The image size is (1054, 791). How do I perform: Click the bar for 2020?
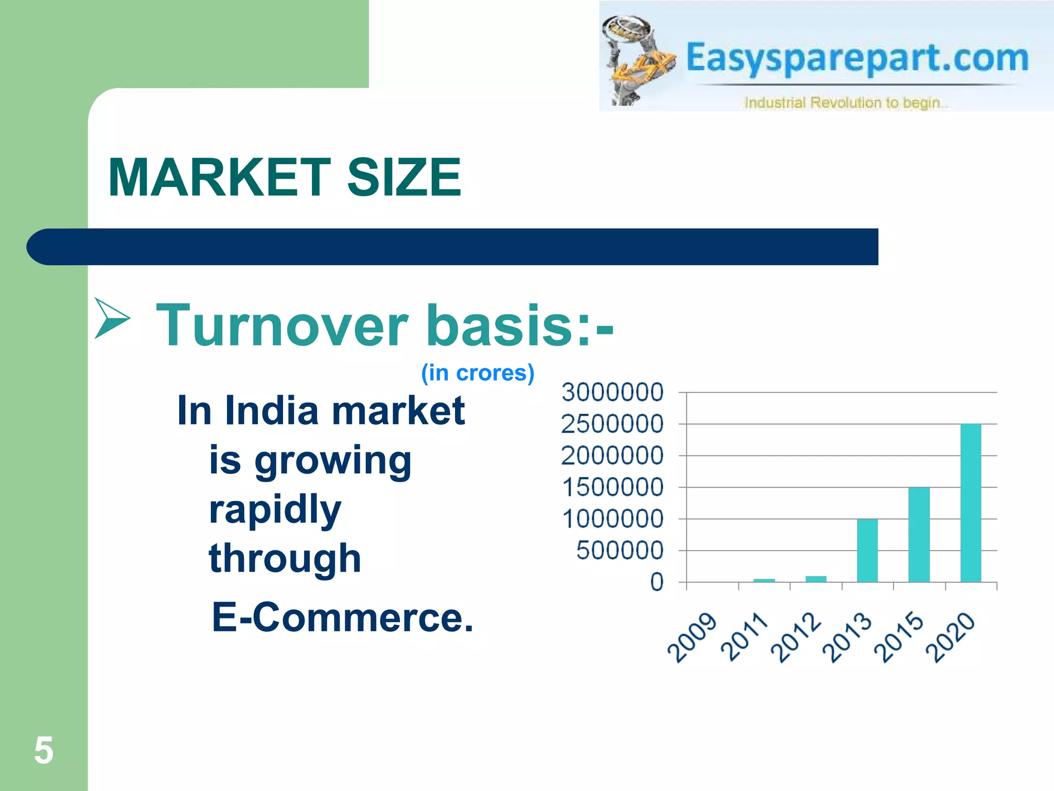[x=971, y=503]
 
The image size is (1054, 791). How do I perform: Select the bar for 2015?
[x=919, y=535]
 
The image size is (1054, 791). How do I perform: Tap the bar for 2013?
[x=867, y=551]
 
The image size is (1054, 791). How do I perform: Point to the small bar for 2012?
[x=816, y=579]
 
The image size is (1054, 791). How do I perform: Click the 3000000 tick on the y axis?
[x=612, y=392]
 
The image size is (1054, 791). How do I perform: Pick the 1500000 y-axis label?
[x=612, y=487]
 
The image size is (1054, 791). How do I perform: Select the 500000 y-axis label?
[x=620, y=551]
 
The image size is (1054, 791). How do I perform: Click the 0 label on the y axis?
[x=657, y=582]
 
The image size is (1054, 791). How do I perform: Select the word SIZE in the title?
[x=404, y=178]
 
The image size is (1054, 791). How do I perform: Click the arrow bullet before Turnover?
[x=112, y=318]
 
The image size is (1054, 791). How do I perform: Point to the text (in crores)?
[x=478, y=373]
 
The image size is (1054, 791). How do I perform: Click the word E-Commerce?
[x=342, y=617]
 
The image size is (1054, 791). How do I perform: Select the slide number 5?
[x=44, y=750]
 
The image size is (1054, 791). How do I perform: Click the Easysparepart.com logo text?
[x=857, y=58]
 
